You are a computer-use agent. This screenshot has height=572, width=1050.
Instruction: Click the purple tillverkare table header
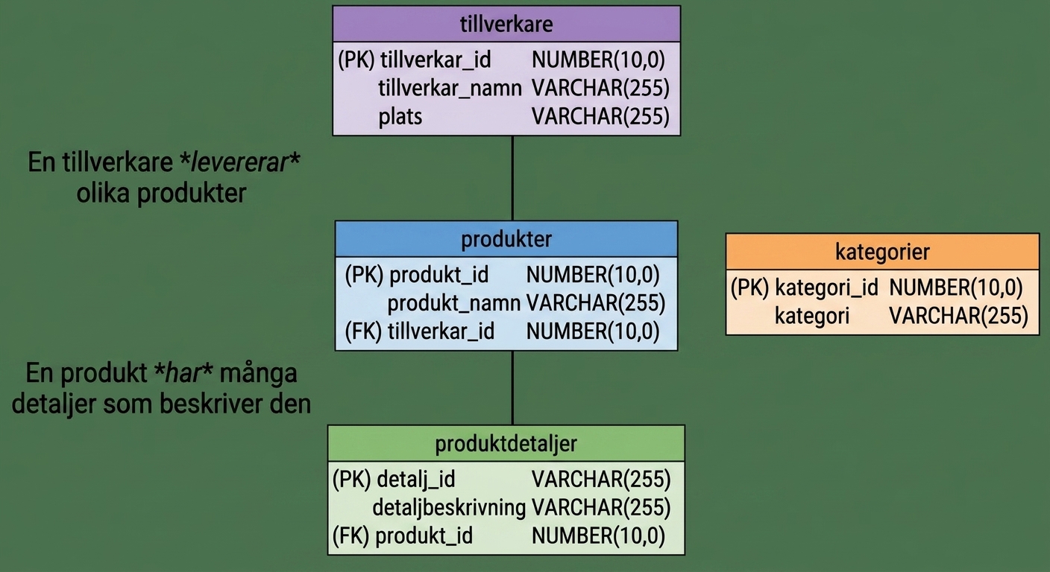click(x=506, y=24)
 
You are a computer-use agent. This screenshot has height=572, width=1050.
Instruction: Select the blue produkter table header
click(x=506, y=239)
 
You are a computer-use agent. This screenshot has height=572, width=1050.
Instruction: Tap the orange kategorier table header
click(x=882, y=252)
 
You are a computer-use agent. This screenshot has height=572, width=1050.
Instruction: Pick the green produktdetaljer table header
click(x=506, y=443)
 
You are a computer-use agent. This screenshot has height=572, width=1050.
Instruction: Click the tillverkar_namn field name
click(x=450, y=89)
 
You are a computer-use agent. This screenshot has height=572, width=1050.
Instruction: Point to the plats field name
click(x=400, y=116)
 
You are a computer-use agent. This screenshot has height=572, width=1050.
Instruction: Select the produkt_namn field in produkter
click(x=453, y=304)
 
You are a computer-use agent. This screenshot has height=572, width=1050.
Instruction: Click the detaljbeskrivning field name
click(x=449, y=508)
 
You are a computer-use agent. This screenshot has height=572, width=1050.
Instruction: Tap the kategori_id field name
click(x=826, y=287)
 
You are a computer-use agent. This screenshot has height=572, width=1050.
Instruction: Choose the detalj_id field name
click(x=416, y=480)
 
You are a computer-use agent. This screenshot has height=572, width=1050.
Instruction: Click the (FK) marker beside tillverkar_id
click(x=363, y=331)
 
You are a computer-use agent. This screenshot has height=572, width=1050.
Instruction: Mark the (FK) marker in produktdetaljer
click(x=351, y=536)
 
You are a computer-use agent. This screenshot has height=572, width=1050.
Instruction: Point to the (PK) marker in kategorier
click(x=749, y=287)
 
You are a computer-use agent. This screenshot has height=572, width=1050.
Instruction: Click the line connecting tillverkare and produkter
click(x=512, y=178)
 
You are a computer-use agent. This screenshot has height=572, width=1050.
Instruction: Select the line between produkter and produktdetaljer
click(x=512, y=388)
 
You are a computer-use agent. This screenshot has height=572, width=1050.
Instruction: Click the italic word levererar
click(x=239, y=162)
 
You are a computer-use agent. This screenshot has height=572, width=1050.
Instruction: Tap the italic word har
click(x=183, y=374)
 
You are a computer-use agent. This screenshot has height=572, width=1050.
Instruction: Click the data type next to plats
click(x=600, y=116)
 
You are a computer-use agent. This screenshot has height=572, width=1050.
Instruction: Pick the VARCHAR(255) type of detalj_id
click(x=601, y=480)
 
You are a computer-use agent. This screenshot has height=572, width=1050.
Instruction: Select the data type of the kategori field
click(x=958, y=316)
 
